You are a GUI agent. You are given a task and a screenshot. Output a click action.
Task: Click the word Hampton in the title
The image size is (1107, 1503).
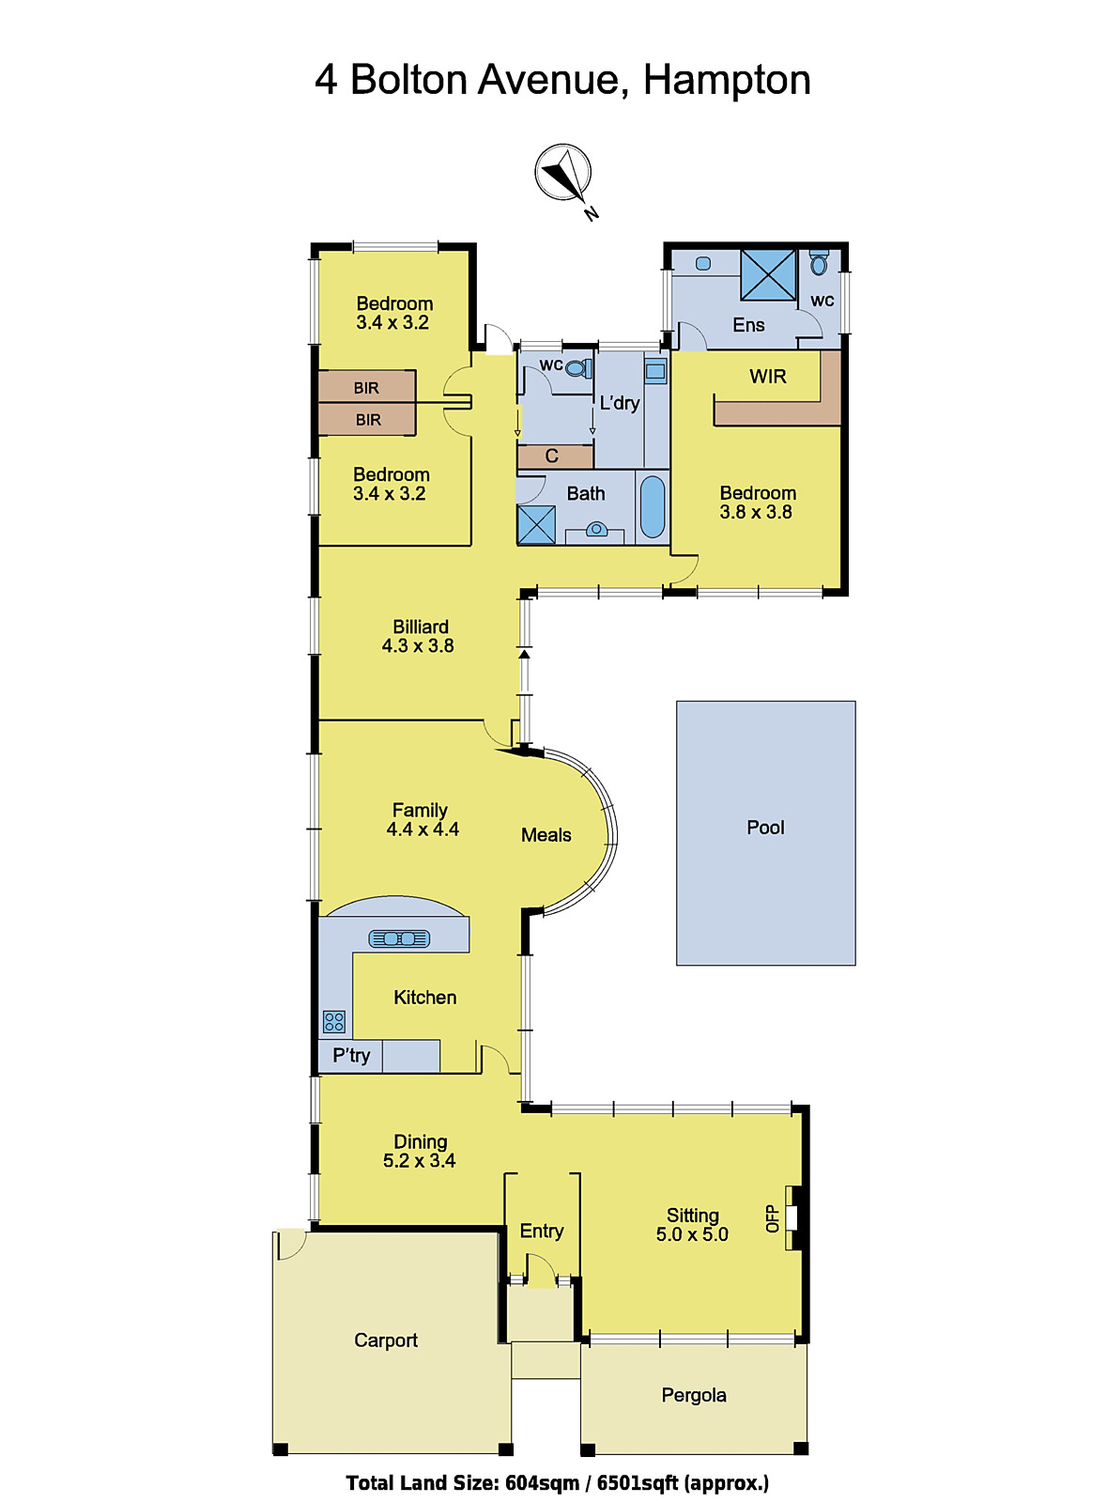point(727,80)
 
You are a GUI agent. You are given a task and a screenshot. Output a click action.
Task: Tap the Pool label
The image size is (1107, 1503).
point(765,828)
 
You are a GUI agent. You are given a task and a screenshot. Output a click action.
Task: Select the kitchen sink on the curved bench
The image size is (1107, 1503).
point(399,938)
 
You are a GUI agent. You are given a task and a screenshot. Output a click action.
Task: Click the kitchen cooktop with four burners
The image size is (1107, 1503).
point(334,1021)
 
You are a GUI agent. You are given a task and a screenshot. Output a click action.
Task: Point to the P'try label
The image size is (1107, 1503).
point(351,1056)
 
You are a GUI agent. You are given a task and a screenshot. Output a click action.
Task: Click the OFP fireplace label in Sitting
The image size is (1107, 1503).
point(773,1218)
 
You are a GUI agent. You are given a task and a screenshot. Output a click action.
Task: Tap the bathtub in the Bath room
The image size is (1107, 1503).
point(653,507)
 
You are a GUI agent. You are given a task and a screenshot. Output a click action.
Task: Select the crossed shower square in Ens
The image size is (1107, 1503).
point(768,274)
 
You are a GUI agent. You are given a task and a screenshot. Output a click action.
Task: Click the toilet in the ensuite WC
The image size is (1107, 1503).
point(819,263)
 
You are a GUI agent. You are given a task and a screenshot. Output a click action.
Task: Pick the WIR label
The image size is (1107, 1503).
point(767,377)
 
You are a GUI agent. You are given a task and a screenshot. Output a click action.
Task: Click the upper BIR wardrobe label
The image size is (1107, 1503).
point(366,388)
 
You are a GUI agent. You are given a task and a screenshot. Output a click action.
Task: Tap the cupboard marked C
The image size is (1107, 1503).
point(552,457)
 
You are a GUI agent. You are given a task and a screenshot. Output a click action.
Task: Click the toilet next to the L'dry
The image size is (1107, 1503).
point(579,367)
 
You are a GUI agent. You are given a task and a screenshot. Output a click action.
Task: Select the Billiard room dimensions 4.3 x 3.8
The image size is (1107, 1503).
point(418,646)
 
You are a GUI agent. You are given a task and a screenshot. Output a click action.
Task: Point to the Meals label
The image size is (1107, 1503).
point(546,835)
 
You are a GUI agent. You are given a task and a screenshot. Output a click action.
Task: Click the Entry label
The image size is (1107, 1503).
point(542,1231)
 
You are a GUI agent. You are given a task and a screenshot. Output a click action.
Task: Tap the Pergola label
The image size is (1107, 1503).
point(694,1395)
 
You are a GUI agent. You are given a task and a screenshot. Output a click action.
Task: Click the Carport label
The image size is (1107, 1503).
point(386,1340)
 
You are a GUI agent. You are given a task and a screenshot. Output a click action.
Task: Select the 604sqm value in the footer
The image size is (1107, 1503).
point(542,1483)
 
